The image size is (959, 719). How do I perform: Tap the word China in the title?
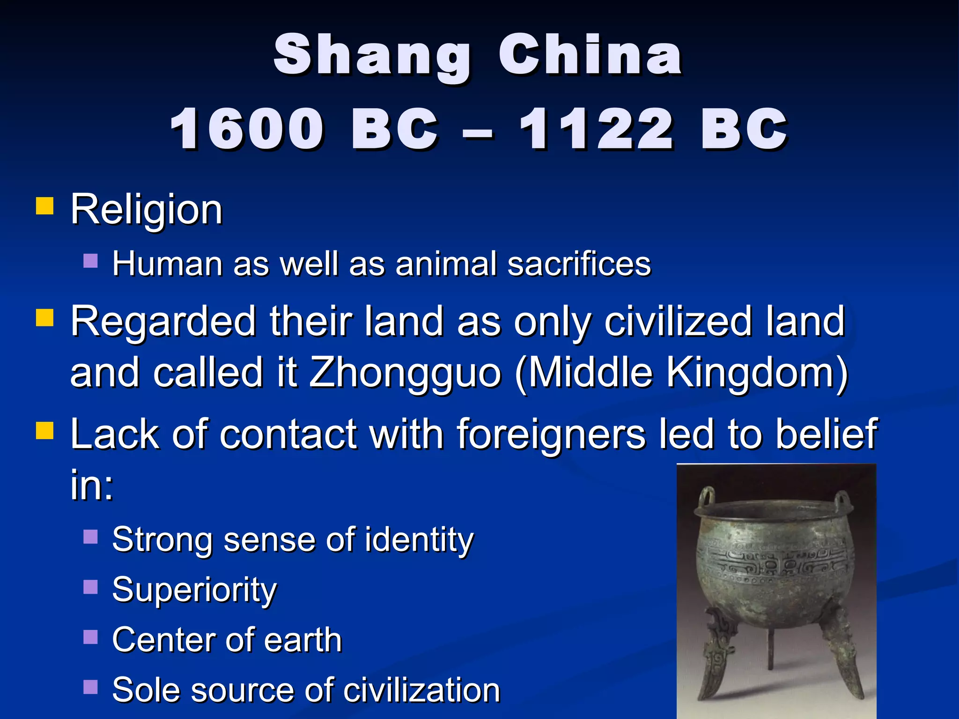tap(590, 55)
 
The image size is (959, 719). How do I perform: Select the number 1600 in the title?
tap(247, 129)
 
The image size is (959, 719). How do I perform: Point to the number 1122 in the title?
tap(596, 129)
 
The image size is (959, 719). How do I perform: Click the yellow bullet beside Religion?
tap(45, 205)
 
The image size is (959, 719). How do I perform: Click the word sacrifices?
tap(579, 264)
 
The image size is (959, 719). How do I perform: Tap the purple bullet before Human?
tap(90, 261)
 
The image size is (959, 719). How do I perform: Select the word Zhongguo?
tap(405, 373)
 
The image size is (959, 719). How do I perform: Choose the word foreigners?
tap(552, 434)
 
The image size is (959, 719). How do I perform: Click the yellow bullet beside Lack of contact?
tap(45, 430)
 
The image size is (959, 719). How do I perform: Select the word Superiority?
tap(194, 590)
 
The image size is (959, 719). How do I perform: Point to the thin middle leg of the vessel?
tap(771, 648)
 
